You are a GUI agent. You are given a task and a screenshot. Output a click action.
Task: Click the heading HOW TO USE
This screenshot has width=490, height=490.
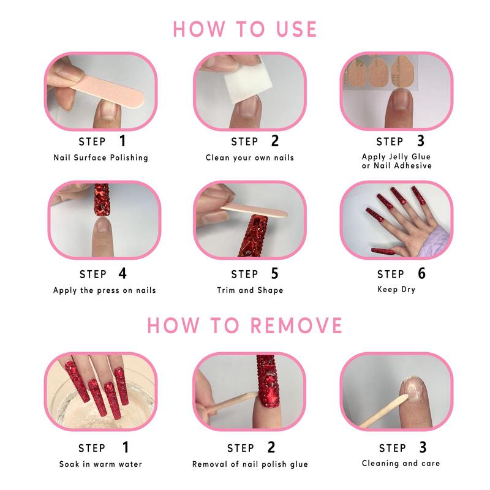click(x=244, y=28)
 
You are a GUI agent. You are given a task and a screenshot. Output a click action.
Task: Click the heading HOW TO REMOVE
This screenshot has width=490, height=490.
click(x=244, y=325)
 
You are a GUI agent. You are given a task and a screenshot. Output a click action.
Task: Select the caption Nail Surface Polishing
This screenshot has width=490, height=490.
click(x=100, y=157)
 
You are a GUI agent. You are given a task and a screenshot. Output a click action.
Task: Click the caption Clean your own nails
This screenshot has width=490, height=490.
click(x=249, y=157)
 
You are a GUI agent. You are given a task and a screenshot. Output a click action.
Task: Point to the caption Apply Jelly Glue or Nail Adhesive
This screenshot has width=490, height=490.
click(x=396, y=161)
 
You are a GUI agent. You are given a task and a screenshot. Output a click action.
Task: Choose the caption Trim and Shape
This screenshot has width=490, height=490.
click(x=249, y=290)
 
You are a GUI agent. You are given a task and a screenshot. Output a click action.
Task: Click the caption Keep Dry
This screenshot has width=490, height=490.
click(x=396, y=289)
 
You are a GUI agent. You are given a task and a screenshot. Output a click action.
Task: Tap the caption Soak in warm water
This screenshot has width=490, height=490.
click(x=100, y=464)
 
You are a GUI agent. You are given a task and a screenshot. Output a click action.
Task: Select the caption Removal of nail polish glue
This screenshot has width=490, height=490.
click(x=249, y=464)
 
